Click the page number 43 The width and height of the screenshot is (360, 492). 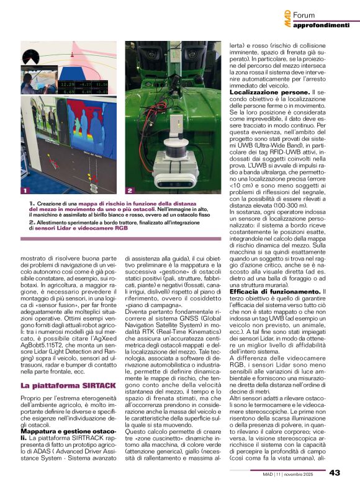[x=335, y=473]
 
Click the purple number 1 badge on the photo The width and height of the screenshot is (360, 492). [x=24, y=190]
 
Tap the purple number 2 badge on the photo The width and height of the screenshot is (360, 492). [x=130, y=190]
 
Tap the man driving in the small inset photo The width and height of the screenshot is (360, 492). [x=29, y=81]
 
